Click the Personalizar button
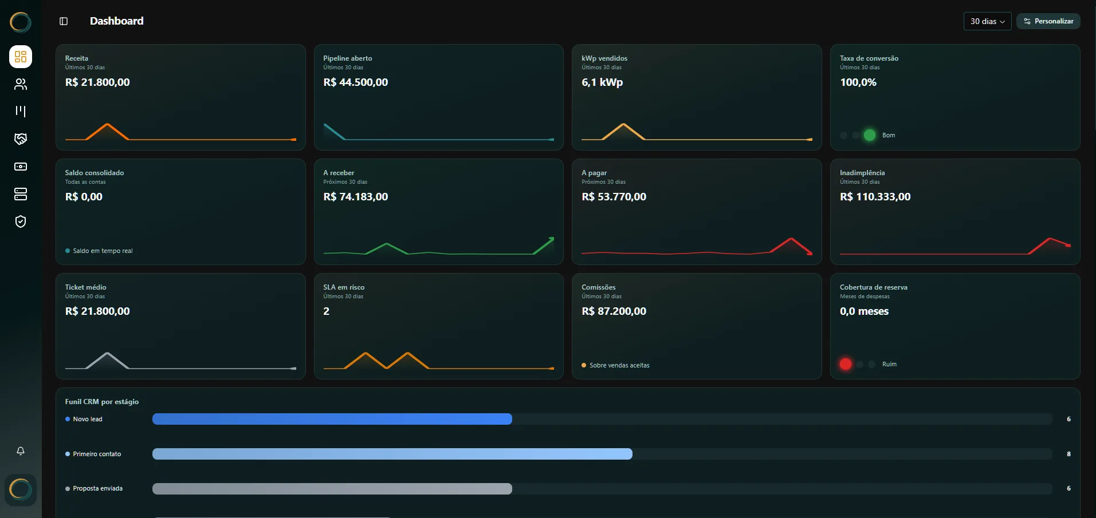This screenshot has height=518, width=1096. (x=1048, y=21)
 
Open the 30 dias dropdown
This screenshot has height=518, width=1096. (x=987, y=21)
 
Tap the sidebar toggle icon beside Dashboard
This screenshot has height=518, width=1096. (x=64, y=21)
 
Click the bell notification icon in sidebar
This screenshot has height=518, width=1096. (x=21, y=451)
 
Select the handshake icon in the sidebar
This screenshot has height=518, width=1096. (x=21, y=139)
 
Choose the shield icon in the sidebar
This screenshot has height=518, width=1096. (x=21, y=222)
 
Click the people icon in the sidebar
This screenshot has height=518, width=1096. (x=21, y=84)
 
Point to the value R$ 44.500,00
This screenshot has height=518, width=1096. (x=355, y=82)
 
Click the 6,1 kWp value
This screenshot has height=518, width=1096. (x=602, y=82)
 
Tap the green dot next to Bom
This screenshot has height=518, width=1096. (x=870, y=135)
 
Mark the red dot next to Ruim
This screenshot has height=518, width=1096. (x=846, y=364)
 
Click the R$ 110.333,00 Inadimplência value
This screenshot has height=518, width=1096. (x=875, y=197)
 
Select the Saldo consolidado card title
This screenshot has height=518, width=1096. (x=95, y=173)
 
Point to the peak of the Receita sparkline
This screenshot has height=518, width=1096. (x=107, y=124)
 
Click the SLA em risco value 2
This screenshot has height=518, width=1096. (x=326, y=311)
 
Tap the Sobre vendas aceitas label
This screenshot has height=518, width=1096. (x=619, y=365)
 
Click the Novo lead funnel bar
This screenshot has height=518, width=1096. (x=332, y=419)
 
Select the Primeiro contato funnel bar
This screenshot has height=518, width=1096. (x=392, y=454)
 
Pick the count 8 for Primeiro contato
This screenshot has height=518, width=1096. (x=1068, y=454)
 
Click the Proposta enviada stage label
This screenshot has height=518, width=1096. (x=98, y=488)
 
